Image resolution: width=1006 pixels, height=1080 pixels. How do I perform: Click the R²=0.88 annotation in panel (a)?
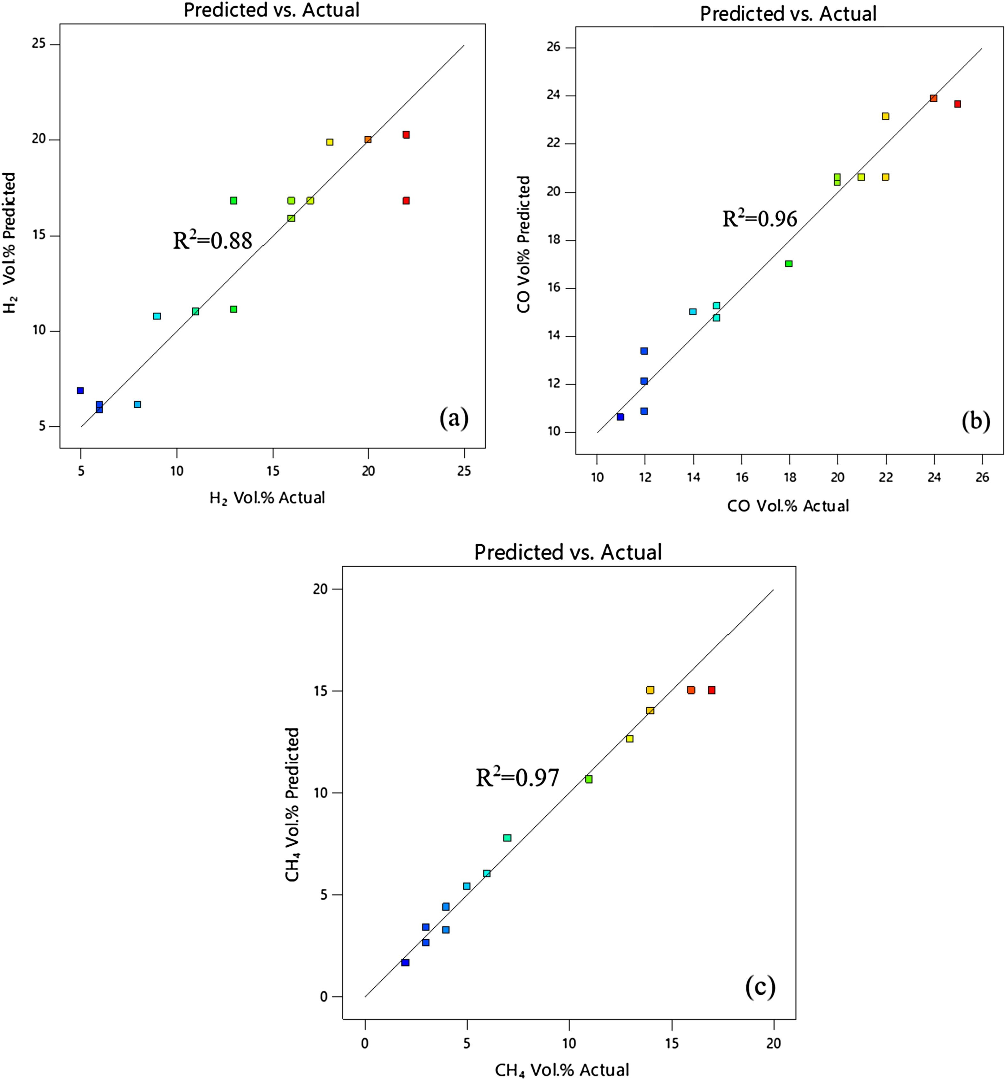coord(212,240)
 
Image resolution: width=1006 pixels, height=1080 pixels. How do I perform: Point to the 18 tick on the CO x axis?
coord(789,478)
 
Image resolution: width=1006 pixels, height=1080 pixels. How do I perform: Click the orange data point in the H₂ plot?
coord(368,140)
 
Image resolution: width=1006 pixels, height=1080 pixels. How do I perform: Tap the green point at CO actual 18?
coord(789,263)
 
